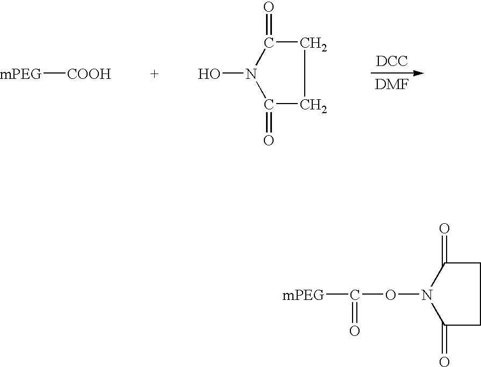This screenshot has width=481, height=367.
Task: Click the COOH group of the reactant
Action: [x=89, y=74]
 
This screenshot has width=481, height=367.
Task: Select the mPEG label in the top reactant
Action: [x=20, y=75]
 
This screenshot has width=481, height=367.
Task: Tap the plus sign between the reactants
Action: [x=155, y=74]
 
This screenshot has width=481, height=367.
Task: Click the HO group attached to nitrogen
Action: [x=209, y=74]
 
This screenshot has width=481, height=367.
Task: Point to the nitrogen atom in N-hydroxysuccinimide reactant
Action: [x=251, y=74]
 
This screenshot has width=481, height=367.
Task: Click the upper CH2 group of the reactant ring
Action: [x=313, y=45]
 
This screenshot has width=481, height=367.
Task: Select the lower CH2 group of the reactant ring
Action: [x=313, y=106]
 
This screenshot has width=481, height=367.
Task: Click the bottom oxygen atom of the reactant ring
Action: [x=269, y=140]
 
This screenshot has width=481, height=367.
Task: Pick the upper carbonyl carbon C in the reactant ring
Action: [x=269, y=43]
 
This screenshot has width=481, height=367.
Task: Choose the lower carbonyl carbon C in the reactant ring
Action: [x=269, y=105]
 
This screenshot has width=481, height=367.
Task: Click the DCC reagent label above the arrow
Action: [x=392, y=61]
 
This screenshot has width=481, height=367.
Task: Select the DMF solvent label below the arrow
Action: [x=392, y=84]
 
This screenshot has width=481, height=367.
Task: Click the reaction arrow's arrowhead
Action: [x=419, y=73]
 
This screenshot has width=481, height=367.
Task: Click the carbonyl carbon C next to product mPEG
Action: [x=355, y=295]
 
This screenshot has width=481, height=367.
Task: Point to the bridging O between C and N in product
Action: [x=390, y=295]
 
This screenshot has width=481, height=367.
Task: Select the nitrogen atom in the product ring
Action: [x=426, y=295]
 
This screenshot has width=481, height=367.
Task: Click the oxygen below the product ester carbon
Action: [x=355, y=331]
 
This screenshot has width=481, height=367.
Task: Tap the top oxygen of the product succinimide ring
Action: [x=444, y=229]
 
